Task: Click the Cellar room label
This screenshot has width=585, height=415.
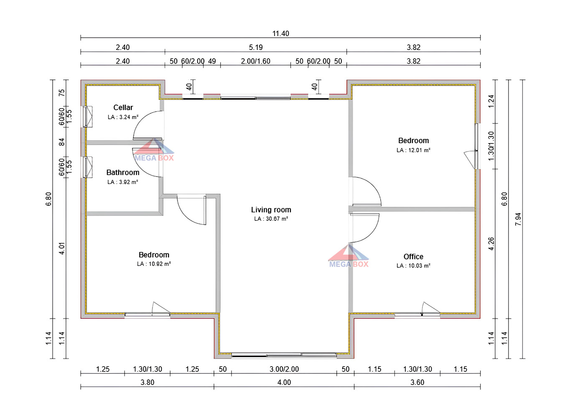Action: coord(123,108)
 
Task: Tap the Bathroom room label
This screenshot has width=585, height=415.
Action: coord(123,172)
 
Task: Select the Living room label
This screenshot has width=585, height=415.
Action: coord(271,210)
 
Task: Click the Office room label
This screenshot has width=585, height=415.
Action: coord(413,256)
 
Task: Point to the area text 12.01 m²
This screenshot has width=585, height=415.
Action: coord(413,150)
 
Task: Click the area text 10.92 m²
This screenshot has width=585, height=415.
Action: coord(154,264)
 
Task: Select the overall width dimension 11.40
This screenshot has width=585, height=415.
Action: coord(280,33)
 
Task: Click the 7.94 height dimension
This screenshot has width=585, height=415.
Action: coord(518,219)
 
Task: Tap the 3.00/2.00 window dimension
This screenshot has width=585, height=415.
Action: coord(284,369)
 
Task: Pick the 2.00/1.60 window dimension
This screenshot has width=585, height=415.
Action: coord(255,61)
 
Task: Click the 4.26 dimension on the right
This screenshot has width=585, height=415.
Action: coord(491,244)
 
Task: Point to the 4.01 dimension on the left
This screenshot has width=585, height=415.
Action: coord(62,248)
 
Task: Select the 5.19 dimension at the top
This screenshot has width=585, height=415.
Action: coord(256,47)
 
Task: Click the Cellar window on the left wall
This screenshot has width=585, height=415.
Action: coord(87,117)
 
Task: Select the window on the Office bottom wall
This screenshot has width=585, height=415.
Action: coord(417,314)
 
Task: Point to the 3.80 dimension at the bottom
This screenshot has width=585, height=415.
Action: coord(147,382)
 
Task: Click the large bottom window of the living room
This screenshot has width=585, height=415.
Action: coord(284,356)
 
